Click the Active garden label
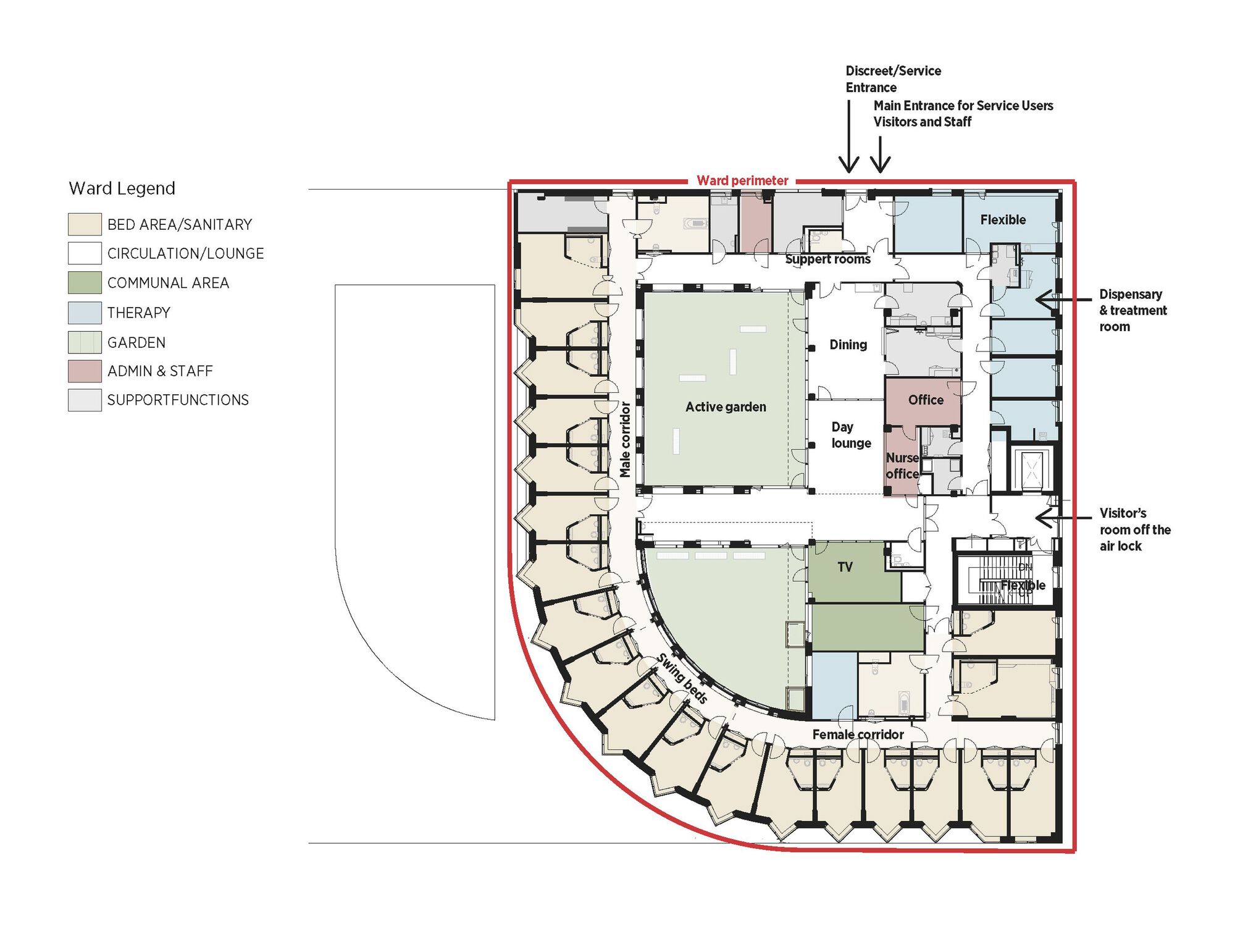pos(726,406)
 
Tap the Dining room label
pos(848,345)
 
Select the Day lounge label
pos(850,435)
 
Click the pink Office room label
pos(926,400)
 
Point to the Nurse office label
pos(902,466)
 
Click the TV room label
pos(845,567)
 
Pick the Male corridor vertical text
pos(625,439)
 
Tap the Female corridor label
pos(858,735)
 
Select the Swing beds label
pos(682,678)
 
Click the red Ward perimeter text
pos(742,180)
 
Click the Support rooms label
pos(827,259)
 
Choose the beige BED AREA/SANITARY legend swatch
pos(85,224)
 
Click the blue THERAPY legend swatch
pos(85,313)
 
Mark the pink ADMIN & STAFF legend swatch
pos(85,371)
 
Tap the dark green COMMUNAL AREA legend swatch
pos(85,283)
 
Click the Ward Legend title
pos(122,188)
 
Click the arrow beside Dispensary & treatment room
pos(1062,300)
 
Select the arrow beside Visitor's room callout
pos(1062,517)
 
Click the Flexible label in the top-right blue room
pos(1003,220)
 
